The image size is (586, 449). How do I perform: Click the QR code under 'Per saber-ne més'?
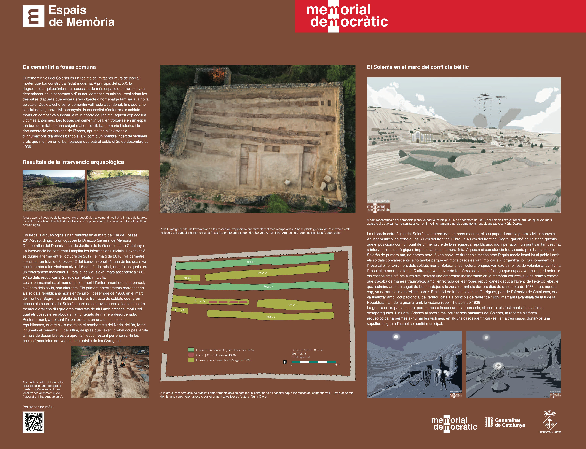click(33, 422)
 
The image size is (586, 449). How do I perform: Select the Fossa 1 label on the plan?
click(188, 278)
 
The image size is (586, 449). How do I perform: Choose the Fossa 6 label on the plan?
click(271, 317)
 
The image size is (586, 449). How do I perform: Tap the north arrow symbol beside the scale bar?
click(285, 362)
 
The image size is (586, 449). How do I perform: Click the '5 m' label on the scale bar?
click(338, 365)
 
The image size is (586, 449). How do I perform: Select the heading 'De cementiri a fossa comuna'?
click(59, 67)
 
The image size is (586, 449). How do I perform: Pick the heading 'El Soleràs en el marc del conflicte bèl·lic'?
click(418, 67)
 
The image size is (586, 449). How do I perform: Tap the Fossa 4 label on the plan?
click(268, 287)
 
